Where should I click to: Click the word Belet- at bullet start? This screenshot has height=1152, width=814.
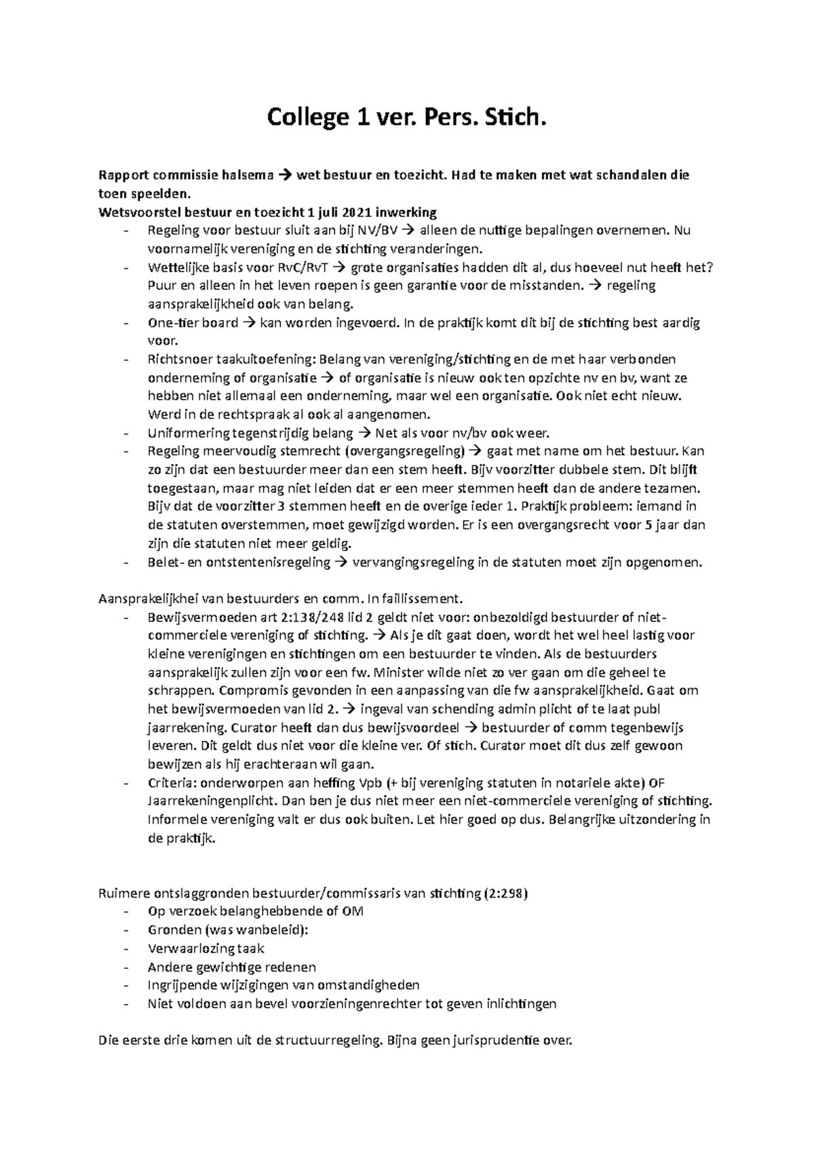(165, 562)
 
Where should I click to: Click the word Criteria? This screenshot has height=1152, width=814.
(170, 782)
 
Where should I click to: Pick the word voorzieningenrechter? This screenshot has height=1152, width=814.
(355, 1003)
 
